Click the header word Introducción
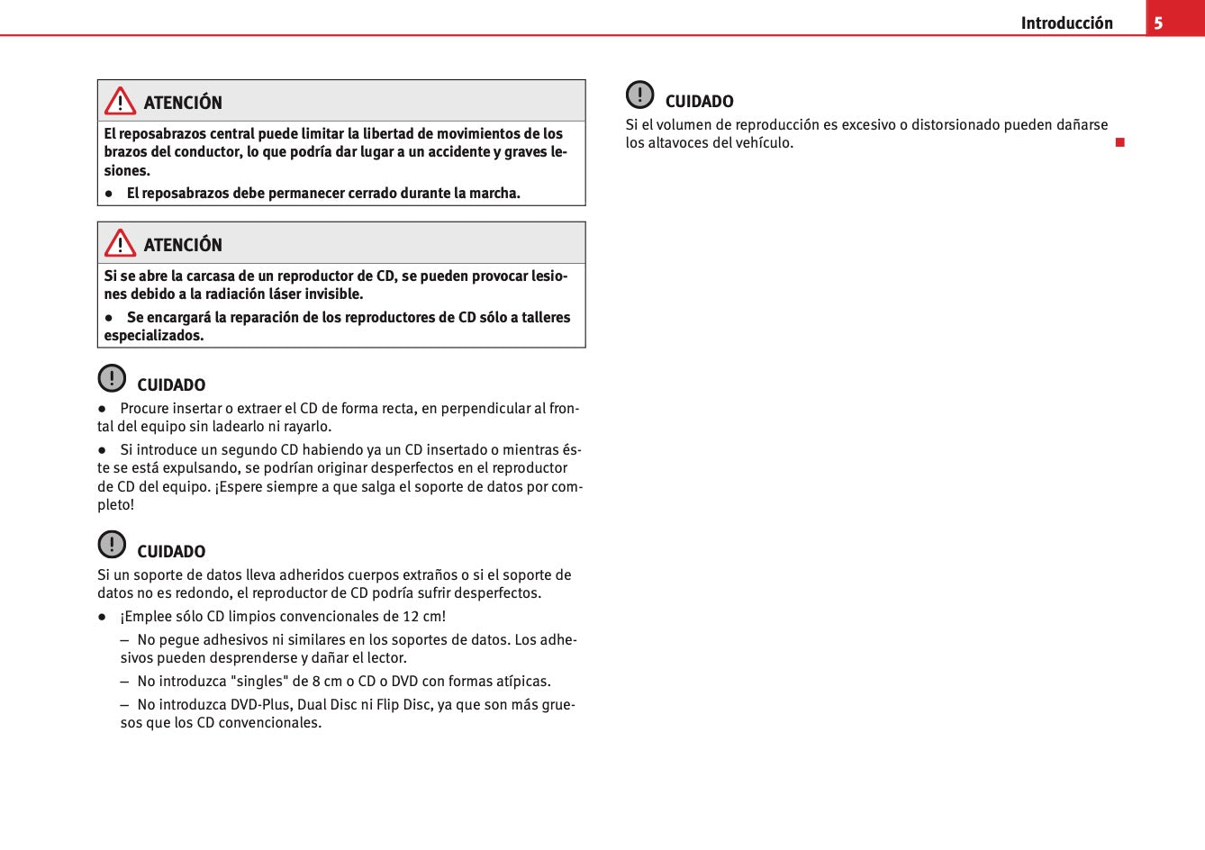1066,23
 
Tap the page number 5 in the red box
1159,23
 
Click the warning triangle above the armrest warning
120,101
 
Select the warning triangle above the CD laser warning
120,243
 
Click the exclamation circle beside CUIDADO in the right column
640,95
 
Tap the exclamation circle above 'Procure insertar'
112,378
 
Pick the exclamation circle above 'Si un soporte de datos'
112,545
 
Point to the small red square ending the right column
1120,142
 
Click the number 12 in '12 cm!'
411,617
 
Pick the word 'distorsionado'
955,125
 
